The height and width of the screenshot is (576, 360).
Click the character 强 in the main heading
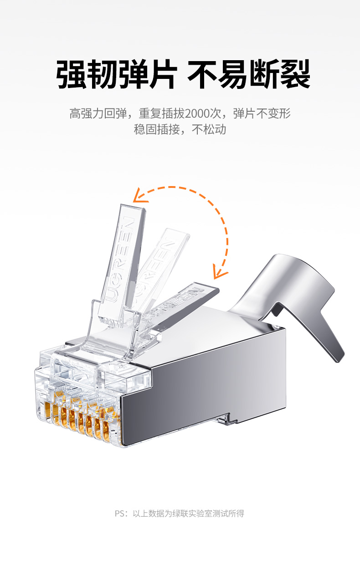point(71,74)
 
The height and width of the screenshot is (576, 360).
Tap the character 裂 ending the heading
point(295,74)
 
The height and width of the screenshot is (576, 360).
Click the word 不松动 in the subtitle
point(209,130)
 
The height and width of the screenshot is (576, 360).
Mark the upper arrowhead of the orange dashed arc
point(139,196)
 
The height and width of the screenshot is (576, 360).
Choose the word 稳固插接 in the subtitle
point(157,130)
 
